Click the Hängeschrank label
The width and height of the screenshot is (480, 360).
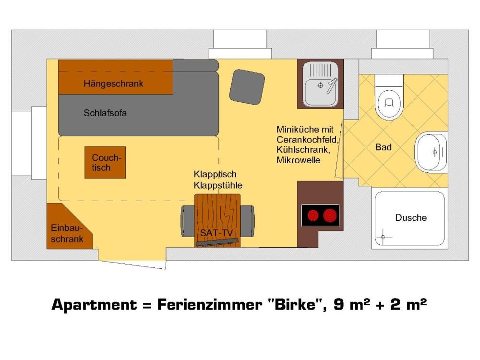pos(113,84)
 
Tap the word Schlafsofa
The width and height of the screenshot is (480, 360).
pos(105,113)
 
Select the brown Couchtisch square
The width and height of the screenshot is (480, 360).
pos(105,162)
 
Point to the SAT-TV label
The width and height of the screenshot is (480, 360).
pos(216,233)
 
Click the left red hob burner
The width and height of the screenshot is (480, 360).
pos(313,216)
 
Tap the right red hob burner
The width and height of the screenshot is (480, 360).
pos(330,216)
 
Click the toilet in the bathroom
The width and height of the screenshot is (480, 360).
pos(389,97)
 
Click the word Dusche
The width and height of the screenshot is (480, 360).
pos(411,217)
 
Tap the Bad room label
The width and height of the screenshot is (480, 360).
pos(383,147)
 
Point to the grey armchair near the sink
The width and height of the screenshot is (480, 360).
pos(247,87)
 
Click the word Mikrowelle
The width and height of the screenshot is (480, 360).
pos(298,160)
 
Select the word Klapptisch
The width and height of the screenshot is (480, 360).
pos(215,175)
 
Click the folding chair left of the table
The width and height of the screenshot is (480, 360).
pos(187,221)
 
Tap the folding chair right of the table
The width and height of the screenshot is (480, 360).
pos(247,221)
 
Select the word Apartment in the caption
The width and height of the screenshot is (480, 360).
pos(94,305)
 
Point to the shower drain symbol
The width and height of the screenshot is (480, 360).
pos(383,237)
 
